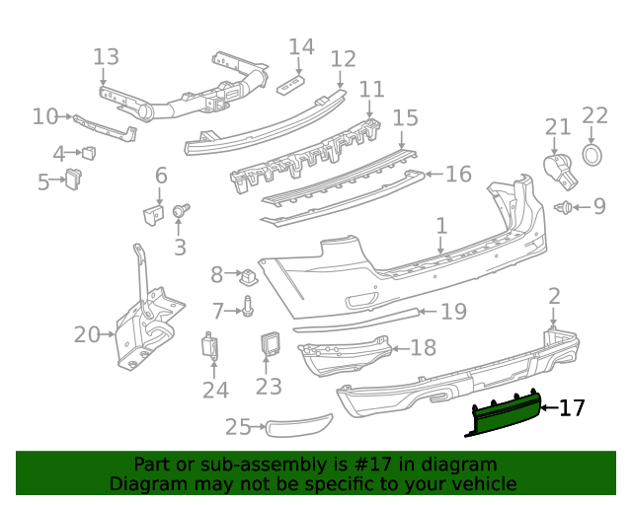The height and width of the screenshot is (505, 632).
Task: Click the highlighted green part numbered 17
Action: click(505, 415)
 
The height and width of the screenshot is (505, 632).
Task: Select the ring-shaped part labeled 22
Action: click(592, 155)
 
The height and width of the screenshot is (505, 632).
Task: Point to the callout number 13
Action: click(106, 57)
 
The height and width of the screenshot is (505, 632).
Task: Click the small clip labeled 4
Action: click(89, 153)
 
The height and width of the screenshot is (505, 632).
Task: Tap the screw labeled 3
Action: click(181, 210)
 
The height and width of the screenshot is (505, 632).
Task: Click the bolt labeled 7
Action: click(248, 311)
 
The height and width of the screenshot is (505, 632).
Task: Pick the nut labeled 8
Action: click(249, 273)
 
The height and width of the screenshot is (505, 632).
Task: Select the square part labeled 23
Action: click(270, 344)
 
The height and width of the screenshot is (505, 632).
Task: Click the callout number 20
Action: click(87, 335)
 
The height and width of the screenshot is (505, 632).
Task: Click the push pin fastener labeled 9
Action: click(566, 207)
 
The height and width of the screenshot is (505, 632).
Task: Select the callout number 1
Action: click(441, 227)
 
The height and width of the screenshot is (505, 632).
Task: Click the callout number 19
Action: click(452, 312)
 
